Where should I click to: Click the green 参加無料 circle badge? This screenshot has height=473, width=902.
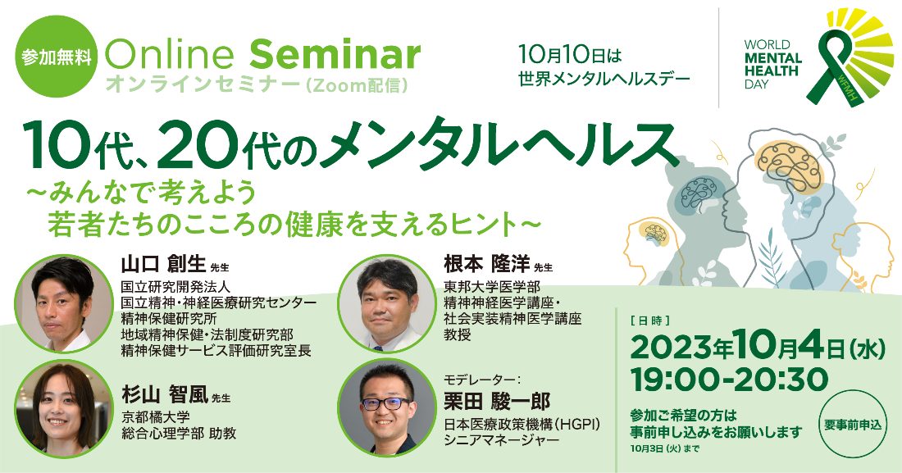click(57, 57)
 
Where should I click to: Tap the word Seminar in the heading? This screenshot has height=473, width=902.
click(335, 55)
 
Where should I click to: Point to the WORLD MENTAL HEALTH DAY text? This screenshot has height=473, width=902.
click(772, 65)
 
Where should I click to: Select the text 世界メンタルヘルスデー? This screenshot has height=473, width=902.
click(604, 79)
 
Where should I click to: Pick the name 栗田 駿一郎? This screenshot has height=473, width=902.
click(496, 401)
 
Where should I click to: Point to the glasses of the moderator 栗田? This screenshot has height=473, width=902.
click(385, 403)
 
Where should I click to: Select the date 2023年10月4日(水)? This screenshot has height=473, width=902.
click(758, 348)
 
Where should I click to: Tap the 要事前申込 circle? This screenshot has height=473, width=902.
click(852, 425)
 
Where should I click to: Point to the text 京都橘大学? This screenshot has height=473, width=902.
click(155, 416)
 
